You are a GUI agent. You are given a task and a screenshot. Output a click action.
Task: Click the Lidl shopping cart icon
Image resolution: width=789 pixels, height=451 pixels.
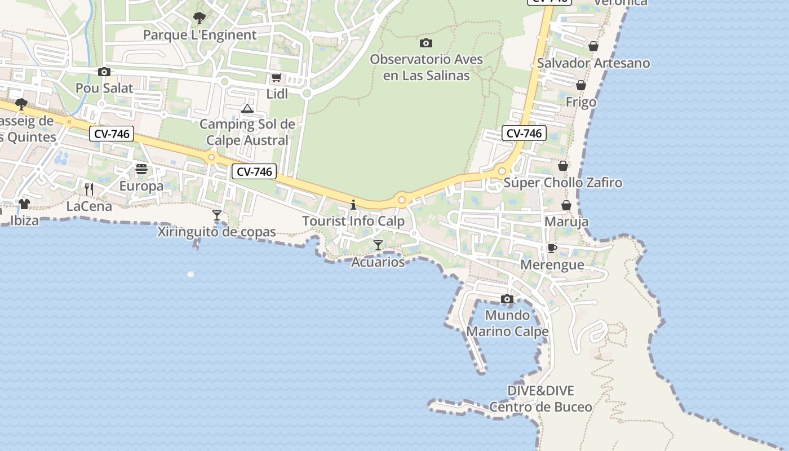[x=276, y=78]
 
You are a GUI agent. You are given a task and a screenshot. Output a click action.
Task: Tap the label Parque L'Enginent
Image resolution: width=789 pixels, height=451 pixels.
[x=200, y=35]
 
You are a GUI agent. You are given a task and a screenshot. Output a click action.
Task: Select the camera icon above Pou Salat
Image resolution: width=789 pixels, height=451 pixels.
[x=104, y=72]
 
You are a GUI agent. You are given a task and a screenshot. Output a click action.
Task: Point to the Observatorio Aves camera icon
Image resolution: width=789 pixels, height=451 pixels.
[x=426, y=43]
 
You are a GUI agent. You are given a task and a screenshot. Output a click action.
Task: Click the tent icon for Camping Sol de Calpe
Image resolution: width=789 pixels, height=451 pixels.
[x=247, y=108]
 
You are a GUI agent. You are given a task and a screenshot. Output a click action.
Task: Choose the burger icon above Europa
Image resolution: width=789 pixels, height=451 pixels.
[x=141, y=169]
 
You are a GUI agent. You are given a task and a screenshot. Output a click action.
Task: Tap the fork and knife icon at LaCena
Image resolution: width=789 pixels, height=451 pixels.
[x=88, y=189]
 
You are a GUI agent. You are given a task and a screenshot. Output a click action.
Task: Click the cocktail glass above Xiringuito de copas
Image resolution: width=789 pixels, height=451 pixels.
[x=216, y=215]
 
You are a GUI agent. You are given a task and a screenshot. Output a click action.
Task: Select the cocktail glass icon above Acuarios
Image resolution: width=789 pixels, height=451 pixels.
[x=378, y=245]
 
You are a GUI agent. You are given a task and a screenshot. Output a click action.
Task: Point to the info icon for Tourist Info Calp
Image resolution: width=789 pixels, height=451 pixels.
[x=353, y=204]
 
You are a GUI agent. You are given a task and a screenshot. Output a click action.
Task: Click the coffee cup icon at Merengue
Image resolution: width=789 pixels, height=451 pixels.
[x=552, y=248]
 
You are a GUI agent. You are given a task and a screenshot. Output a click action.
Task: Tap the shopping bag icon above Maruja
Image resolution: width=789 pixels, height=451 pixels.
[x=566, y=205]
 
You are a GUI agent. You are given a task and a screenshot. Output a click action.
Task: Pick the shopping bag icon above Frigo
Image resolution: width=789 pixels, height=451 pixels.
[x=580, y=85]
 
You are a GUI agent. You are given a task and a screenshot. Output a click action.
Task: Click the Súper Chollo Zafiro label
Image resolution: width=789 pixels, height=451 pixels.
[x=562, y=183]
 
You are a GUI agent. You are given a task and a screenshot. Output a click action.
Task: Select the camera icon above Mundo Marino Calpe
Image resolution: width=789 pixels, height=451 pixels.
[x=507, y=299]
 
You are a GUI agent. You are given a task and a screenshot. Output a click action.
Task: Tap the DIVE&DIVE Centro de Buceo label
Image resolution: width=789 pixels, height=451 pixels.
[x=540, y=399]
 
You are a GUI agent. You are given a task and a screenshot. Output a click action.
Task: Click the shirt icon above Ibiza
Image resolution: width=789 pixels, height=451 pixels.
[x=24, y=204]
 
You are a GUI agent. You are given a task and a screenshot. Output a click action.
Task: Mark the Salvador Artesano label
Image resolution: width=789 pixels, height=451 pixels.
[x=593, y=63]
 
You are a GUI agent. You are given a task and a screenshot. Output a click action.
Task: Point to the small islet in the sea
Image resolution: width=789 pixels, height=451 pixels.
[x=190, y=274]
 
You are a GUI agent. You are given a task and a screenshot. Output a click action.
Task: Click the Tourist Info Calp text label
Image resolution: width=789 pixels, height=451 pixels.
[x=353, y=221]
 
